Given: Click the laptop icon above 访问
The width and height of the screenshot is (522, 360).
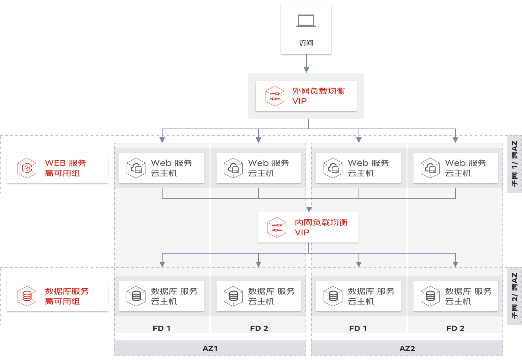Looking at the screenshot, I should (x=306, y=21).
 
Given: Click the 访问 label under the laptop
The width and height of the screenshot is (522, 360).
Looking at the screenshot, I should (x=306, y=43).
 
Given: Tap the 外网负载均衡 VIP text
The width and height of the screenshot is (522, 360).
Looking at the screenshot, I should (x=318, y=96).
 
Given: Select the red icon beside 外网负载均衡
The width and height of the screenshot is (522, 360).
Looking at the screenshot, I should (x=275, y=96).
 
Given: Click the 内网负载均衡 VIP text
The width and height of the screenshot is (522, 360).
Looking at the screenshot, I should (x=321, y=227).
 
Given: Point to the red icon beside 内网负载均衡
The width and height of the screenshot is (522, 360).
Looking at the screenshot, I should (x=277, y=227).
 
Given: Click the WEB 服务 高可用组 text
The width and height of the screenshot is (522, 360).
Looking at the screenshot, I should (x=66, y=168).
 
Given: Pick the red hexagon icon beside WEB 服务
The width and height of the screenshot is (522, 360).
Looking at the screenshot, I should (x=27, y=168).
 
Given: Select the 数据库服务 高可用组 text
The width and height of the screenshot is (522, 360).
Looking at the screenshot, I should (x=67, y=296).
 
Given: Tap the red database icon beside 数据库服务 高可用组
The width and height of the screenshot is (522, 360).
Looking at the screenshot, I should (x=27, y=296).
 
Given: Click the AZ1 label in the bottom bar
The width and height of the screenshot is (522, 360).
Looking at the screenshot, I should (x=210, y=349).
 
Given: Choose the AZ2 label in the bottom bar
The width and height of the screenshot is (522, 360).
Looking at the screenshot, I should (x=407, y=349).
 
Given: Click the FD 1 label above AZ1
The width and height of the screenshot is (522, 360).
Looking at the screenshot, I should (x=162, y=328).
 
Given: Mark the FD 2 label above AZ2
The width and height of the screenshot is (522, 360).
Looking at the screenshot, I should (x=455, y=328).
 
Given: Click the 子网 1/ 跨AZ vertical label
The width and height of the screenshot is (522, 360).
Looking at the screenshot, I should (x=514, y=164).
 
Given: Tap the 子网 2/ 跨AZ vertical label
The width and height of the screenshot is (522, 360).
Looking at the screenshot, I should (x=514, y=296).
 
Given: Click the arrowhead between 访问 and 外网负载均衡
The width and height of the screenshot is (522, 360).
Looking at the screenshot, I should (x=306, y=70).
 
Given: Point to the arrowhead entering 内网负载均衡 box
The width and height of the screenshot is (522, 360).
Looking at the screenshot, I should (x=309, y=209).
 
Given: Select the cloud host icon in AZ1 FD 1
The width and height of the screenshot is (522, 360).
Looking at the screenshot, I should (x=136, y=168).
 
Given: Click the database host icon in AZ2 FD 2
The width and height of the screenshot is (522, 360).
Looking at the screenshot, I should (x=430, y=296).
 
